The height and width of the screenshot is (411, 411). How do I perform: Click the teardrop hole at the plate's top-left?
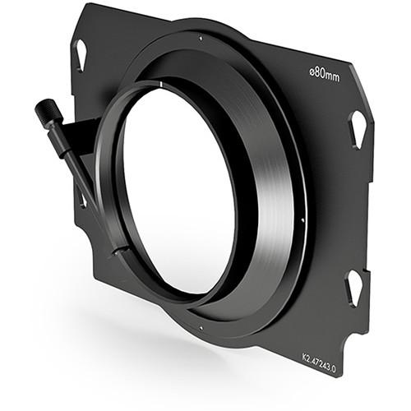pyautogui.click(x=81, y=54)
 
